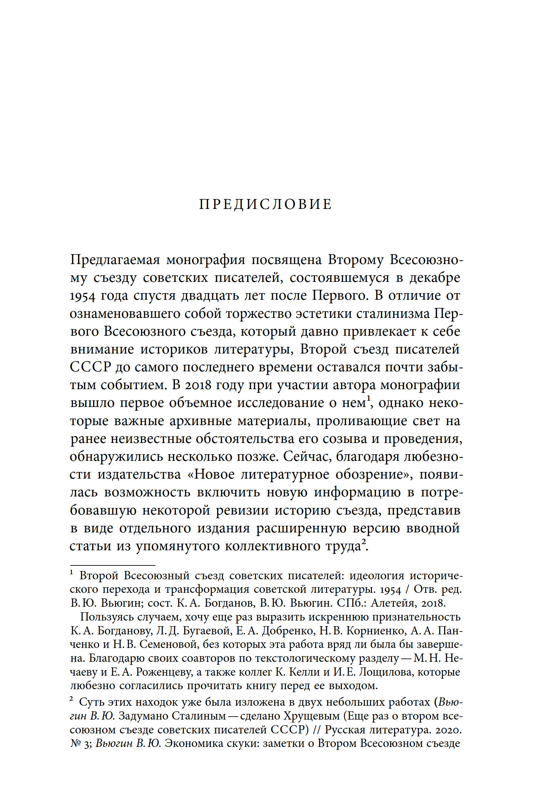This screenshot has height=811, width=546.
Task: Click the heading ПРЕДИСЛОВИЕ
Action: [x=266, y=204]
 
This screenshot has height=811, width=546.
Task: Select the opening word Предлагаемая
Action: [x=115, y=260]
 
